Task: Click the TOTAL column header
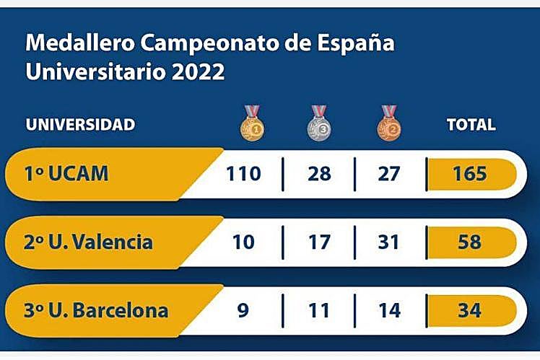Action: [x=471, y=125]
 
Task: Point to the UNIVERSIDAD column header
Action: [x=80, y=125]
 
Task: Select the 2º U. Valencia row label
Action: [x=89, y=242]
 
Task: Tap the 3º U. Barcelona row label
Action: [x=97, y=312]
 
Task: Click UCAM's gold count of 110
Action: [x=243, y=174]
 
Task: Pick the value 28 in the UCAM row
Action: [x=318, y=174]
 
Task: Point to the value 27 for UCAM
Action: [x=388, y=174]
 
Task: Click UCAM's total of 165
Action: [x=470, y=174]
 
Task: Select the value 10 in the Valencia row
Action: [x=243, y=242]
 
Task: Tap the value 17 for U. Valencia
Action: [x=318, y=242]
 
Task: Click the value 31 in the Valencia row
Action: [x=388, y=242]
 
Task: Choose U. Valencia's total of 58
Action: [x=470, y=242]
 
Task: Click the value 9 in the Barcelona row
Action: [x=243, y=312]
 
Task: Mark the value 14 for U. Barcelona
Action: [x=388, y=312]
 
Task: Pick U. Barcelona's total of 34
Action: [x=470, y=312]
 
